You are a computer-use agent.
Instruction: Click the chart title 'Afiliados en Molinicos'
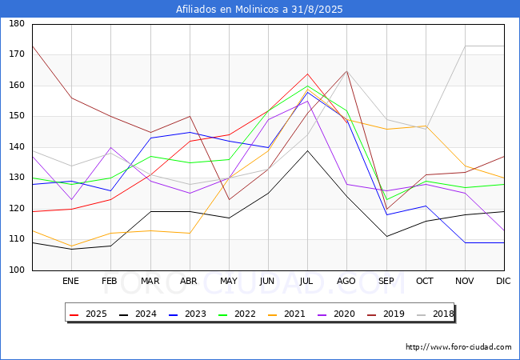[x=260, y=10]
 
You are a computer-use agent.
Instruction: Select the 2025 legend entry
[x=90, y=314]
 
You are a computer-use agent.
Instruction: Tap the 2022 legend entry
[x=238, y=314]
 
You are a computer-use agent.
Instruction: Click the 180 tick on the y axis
[x=16, y=24]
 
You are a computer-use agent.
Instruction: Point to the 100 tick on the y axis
[x=16, y=270]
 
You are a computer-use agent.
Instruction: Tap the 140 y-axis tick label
[x=16, y=147]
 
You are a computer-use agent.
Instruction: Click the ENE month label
[x=71, y=281]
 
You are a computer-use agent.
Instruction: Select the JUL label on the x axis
[x=307, y=281]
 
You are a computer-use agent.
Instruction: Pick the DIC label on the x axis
[x=504, y=281]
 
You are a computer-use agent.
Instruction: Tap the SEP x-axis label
[x=386, y=281]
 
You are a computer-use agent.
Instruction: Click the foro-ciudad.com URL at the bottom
[x=458, y=347]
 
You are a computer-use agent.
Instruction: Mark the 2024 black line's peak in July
[x=307, y=150]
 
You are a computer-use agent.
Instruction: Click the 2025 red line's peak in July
[x=307, y=74]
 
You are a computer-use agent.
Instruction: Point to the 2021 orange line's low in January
[x=71, y=246]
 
